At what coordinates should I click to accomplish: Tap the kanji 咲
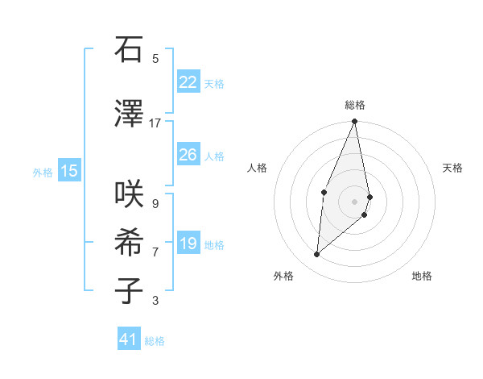(129, 194)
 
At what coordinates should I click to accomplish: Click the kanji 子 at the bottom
(129, 290)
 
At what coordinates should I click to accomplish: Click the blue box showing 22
(188, 81)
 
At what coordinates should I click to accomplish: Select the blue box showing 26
(188, 155)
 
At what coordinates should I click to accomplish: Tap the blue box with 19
(188, 244)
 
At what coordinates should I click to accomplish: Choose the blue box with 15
(69, 170)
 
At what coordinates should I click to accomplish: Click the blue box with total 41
(129, 339)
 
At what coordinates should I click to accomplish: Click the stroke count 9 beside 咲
(155, 203)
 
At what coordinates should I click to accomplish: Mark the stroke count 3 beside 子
(155, 301)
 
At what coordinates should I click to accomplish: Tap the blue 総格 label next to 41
(155, 341)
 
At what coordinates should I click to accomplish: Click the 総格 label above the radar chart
(354, 105)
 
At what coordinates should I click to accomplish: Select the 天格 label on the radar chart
(452, 168)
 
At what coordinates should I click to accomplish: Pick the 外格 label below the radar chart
(283, 276)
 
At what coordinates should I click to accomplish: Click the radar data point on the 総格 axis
(354, 122)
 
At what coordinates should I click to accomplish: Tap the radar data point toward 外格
(317, 254)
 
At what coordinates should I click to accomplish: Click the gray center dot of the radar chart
(354, 201)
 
